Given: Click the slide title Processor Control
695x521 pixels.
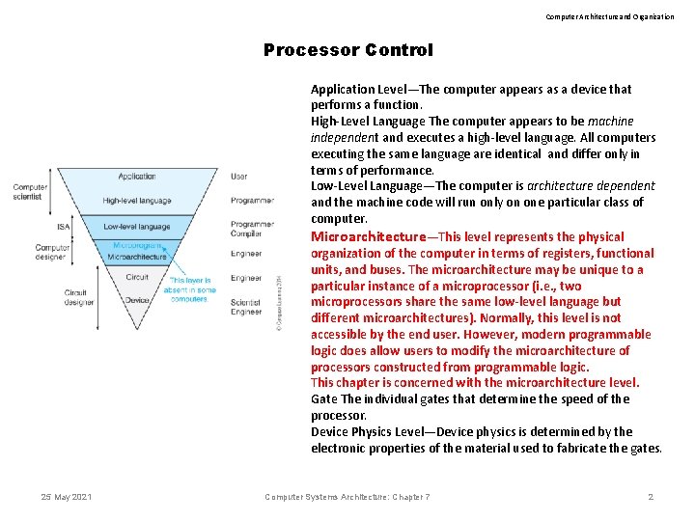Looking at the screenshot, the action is (x=348, y=50).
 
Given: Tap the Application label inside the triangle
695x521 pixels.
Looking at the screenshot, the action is (x=137, y=177).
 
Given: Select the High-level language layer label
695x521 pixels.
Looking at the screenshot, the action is (x=137, y=201).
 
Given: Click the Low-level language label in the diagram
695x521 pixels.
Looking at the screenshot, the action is (x=137, y=226).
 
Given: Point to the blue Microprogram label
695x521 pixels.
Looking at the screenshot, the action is (x=137, y=246).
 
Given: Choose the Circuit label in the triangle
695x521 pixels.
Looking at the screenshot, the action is (x=137, y=277).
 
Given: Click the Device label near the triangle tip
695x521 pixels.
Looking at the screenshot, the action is (x=137, y=299).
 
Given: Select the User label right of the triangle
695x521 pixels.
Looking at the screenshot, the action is (x=238, y=177).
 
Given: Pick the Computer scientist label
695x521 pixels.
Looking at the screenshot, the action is (x=30, y=192).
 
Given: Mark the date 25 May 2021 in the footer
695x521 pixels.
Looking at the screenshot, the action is (x=67, y=497).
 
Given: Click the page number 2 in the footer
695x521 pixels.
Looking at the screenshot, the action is (x=651, y=497).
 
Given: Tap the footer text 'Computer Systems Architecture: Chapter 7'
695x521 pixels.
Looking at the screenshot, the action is (x=347, y=497).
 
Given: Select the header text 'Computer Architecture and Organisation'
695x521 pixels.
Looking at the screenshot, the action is (x=610, y=16).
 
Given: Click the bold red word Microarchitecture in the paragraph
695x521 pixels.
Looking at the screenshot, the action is (x=368, y=236).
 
